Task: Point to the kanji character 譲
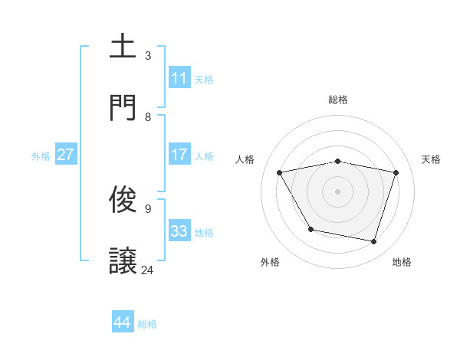pyautogui.click(x=123, y=260)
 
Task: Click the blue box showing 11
pyautogui.click(x=179, y=78)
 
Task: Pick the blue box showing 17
pyautogui.click(x=179, y=155)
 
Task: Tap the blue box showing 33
pyautogui.click(x=179, y=231)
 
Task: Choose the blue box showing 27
pyautogui.click(x=65, y=155)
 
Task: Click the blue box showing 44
pyautogui.click(x=123, y=322)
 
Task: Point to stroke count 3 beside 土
pyautogui.click(x=148, y=56)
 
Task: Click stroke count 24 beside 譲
pyautogui.click(x=148, y=270)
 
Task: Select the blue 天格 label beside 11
pyautogui.click(x=204, y=79)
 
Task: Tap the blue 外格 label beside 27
pyautogui.click(x=41, y=155)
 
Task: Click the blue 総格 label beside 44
pyautogui.click(x=147, y=324)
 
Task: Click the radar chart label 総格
pyautogui.click(x=338, y=100)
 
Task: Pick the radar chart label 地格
pyautogui.click(x=402, y=263)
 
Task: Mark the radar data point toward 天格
pyautogui.click(x=396, y=172)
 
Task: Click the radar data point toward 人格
pyautogui.click(x=280, y=172)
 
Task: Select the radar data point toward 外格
pyautogui.click(x=310, y=229)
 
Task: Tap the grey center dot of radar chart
pyautogui.click(x=338, y=191)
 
